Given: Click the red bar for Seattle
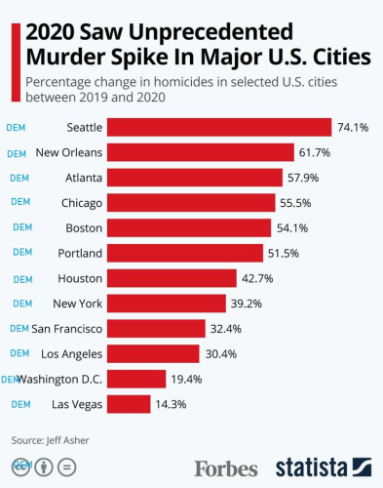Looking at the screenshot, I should coord(218,127).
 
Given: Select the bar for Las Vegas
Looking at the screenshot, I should coord(128,403).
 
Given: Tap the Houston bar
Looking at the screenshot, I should coord(171,277).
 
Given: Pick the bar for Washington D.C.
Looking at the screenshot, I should coord(135,378).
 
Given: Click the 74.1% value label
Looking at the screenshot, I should coord(352,127).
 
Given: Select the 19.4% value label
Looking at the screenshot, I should coord(185,378).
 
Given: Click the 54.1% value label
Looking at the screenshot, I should coord(290,227).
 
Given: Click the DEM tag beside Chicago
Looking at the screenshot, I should coord(19,202).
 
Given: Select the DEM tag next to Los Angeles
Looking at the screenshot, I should coord(19,352).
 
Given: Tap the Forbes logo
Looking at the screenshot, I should coord(226,467).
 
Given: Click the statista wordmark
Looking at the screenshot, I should coord(313,467).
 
